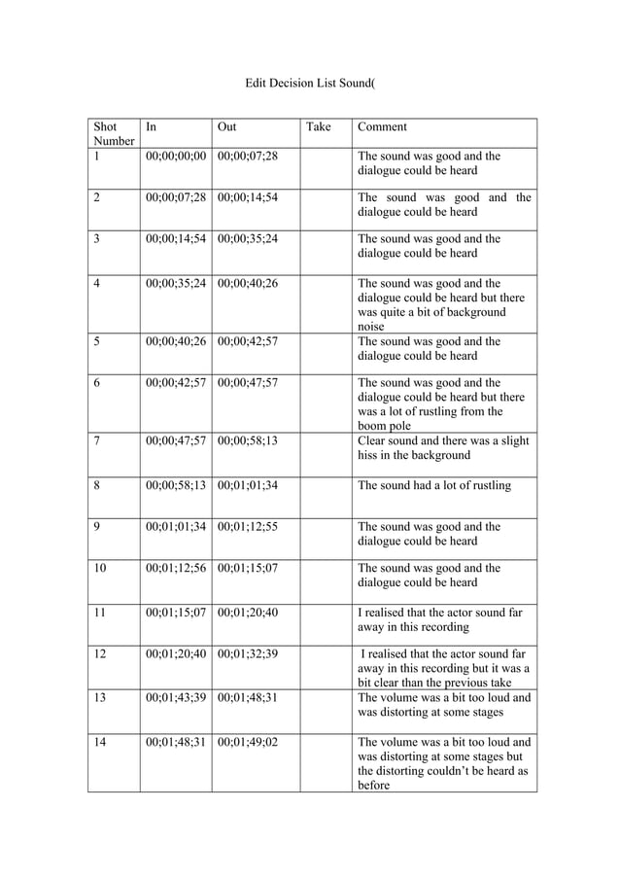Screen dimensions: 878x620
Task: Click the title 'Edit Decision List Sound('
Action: (309, 85)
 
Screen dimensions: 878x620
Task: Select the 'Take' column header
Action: (319, 126)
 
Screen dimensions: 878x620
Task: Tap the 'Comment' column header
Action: (382, 126)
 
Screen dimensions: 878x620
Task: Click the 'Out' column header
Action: (226, 126)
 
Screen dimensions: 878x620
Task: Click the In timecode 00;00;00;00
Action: (175, 156)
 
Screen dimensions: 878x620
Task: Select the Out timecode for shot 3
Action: (248, 238)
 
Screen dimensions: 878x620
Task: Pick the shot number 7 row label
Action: (97, 440)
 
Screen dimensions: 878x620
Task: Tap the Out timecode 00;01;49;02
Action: (248, 741)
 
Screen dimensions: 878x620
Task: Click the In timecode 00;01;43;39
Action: (175, 697)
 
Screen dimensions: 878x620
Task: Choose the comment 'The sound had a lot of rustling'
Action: (434, 485)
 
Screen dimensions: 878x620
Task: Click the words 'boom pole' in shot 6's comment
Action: (385, 426)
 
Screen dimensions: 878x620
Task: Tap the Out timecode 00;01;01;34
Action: (248, 485)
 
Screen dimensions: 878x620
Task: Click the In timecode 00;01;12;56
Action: (175, 568)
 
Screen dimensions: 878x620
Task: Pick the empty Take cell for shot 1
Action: (325, 162)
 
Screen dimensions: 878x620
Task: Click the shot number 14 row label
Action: (100, 741)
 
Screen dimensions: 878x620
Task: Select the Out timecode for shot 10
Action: (248, 568)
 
